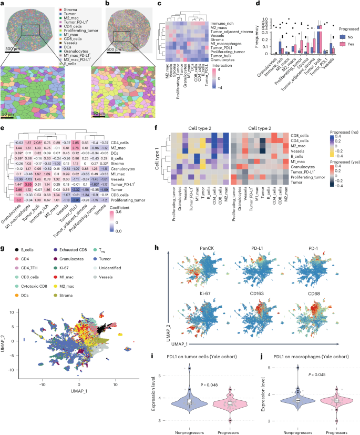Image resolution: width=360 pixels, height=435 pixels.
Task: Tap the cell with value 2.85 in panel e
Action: point(76,143)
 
